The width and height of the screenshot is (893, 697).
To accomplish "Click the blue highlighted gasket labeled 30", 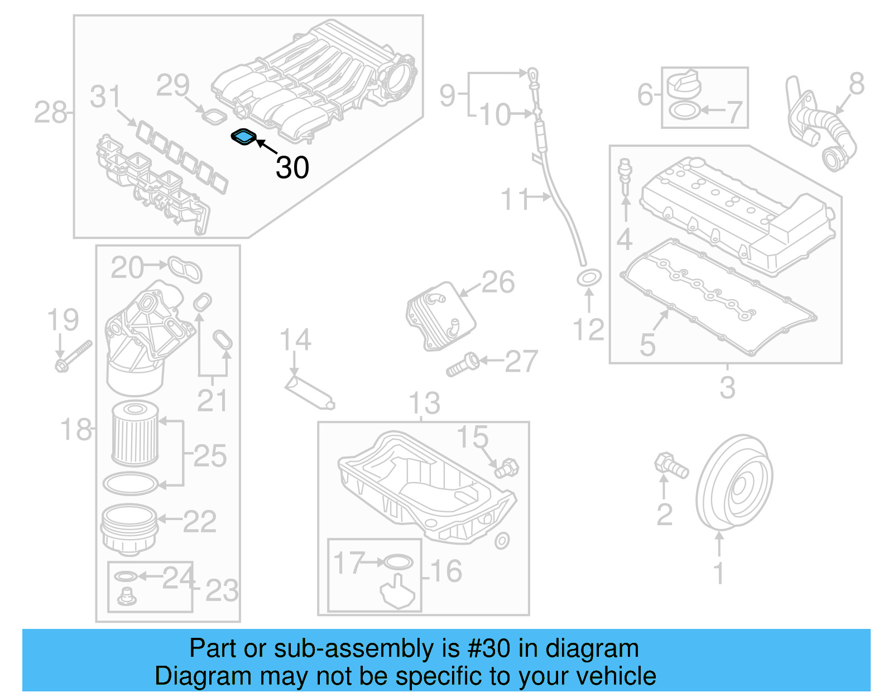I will click(243, 137).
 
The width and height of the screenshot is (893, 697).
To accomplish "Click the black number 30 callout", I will click(292, 167).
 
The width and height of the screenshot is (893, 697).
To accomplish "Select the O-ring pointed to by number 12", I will click(589, 277).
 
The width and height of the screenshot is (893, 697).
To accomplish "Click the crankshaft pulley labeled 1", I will click(734, 483).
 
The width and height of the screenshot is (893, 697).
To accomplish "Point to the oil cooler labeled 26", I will click(440, 315).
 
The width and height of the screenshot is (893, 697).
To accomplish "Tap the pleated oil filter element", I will click(135, 434).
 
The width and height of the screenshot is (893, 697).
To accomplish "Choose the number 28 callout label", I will click(50, 113).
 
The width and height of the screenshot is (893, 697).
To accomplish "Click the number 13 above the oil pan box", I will click(424, 403).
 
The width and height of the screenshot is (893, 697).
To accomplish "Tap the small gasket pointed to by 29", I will click(213, 117).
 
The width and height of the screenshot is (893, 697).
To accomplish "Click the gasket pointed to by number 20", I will click(185, 270).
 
